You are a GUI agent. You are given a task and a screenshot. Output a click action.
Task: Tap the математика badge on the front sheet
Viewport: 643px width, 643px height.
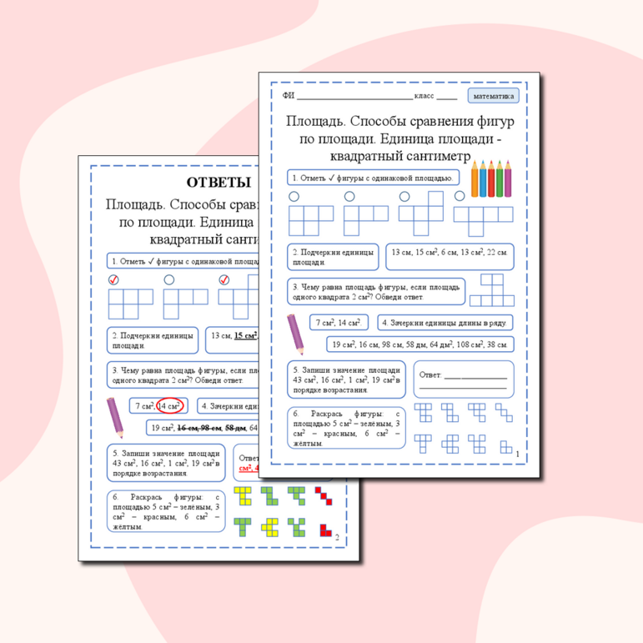click(x=494, y=96)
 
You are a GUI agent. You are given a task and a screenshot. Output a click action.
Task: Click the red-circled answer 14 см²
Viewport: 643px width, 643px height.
click(x=170, y=406)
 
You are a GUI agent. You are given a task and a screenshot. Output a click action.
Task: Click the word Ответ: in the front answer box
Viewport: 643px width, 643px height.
click(x=430, y=375)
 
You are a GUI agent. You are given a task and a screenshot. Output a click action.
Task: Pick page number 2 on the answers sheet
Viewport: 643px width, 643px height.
click(x=336, y=539)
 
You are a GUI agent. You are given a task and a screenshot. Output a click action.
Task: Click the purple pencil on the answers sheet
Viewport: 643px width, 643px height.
click(x=115, y=417)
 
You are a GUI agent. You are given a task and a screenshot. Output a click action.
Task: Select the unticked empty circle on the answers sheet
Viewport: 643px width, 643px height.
click(x=169, y=280)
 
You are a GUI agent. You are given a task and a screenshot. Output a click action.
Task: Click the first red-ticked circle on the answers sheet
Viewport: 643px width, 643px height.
click(x=114, y=280)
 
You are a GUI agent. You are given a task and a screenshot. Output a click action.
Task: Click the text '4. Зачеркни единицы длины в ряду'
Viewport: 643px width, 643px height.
click(x=445, y=323)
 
